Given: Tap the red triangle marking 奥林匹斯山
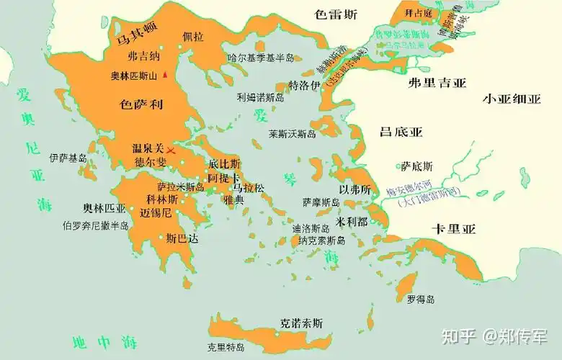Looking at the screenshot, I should (165, 74).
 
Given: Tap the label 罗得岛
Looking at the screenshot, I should (420, 299).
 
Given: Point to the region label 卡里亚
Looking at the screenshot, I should (454, 230).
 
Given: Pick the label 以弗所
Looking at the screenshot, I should (355, 190).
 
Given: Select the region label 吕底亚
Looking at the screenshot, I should (401, 132).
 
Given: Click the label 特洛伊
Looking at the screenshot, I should (304, 85).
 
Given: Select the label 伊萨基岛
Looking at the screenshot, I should (68, 158).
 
